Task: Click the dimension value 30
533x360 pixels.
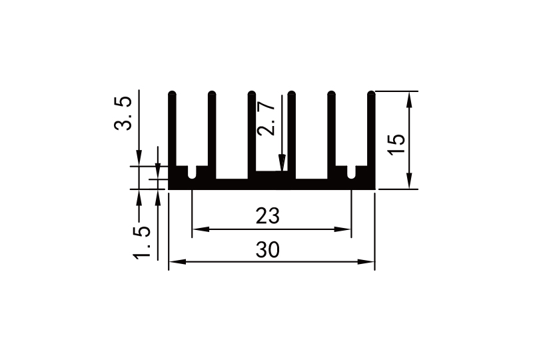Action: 267,249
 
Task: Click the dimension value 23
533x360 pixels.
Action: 267,217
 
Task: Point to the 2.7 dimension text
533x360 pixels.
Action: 266,118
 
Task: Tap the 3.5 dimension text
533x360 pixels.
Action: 124,113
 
